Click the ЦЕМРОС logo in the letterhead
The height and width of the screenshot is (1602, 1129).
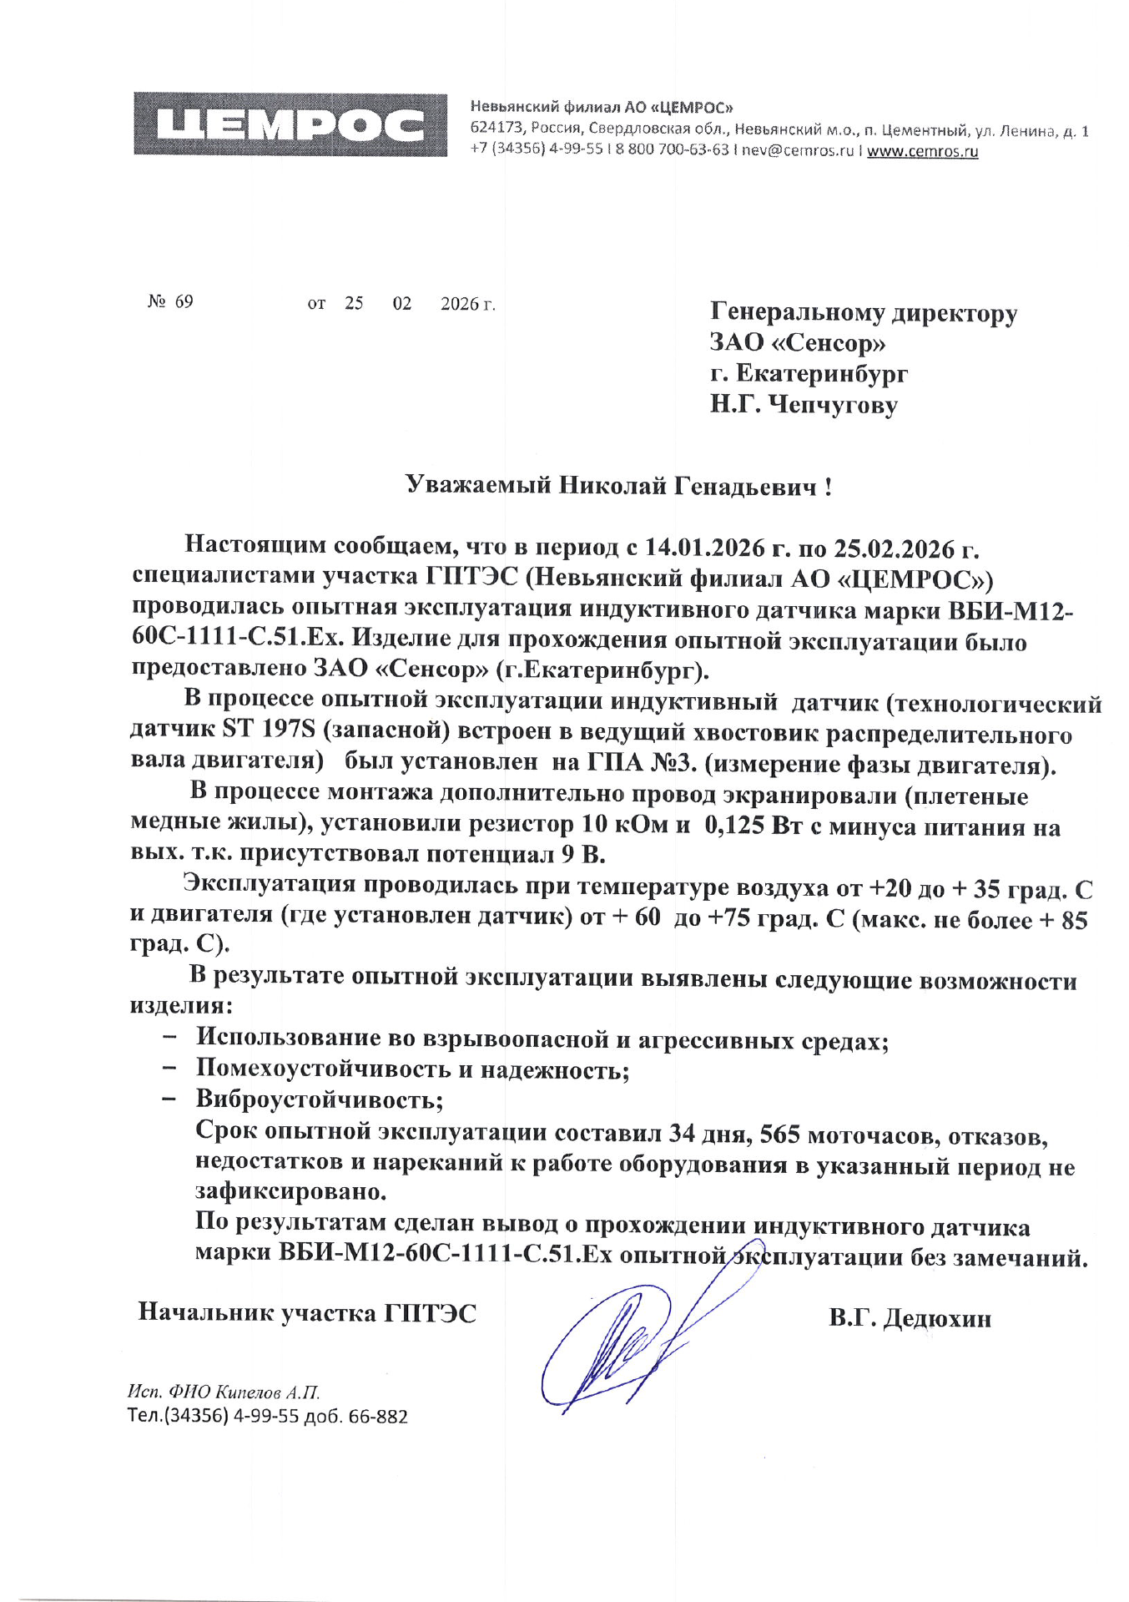(290, 124)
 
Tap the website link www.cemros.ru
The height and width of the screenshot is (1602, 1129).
(922, 151)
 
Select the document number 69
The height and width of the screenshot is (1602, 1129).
(184, 301)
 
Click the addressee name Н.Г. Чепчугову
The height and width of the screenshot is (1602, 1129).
(804, 406)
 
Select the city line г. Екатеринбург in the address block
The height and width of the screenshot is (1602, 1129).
(809, 373)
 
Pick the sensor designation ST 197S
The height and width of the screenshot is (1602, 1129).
(268, 730)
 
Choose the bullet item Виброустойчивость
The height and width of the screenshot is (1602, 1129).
(319, 1099)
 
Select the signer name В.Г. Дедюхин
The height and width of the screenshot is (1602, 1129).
(910, 1318)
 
